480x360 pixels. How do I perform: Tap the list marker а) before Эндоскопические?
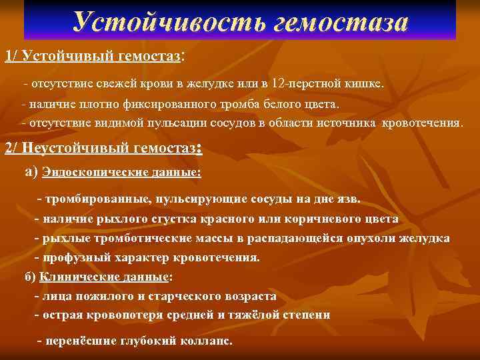click(x=31, y=171)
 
